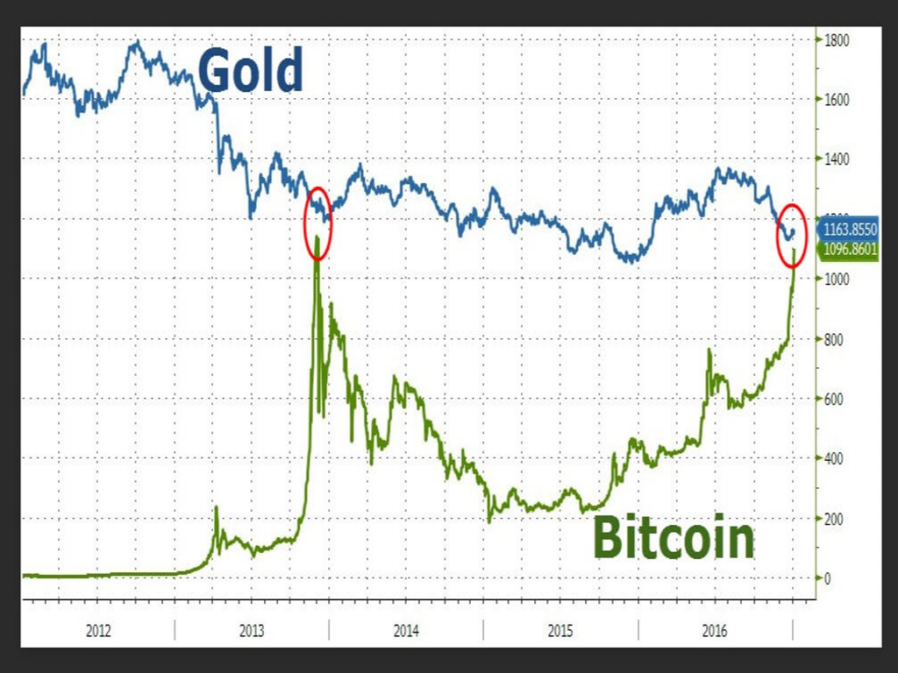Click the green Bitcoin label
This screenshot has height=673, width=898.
point(673,537)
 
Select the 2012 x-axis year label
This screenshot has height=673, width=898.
point(98,629)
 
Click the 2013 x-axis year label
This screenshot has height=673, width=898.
point(252,629)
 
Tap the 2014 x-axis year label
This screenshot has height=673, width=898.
point(406,629)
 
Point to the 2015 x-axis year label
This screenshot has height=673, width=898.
point(560,629)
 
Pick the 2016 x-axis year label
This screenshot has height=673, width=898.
point(715,629)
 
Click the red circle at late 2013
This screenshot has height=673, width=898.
point(318,223)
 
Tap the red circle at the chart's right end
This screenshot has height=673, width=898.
point(792,234)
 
